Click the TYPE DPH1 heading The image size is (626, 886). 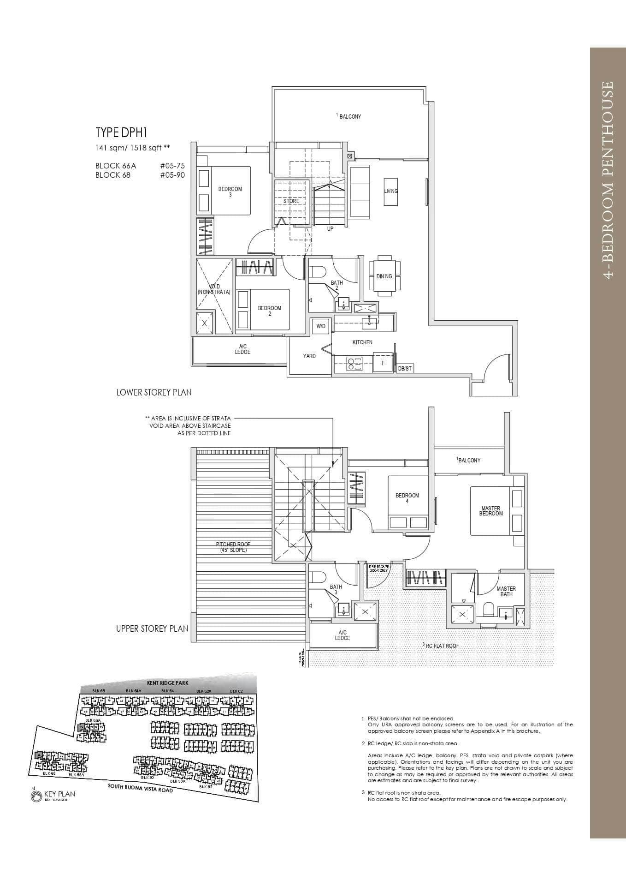point(121,133)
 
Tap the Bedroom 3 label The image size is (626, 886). point(230,192)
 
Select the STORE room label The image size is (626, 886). point(291,201)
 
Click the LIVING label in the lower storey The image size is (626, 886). point(391,191)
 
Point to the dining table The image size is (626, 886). point(384,276)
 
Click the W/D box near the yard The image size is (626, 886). point(321,326)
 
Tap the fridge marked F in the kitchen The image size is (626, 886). point(383,363)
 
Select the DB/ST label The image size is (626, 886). point(404,369)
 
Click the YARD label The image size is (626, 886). point(309,356)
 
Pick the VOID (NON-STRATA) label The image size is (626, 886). point(213,289)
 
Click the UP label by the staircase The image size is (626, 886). point(330,229)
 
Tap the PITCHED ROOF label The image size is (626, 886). point(233,547)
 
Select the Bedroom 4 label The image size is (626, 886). point(407,498)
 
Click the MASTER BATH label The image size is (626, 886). point(506,591)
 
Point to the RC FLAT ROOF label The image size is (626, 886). point(442,646)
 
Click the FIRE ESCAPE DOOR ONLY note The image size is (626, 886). point(379,568)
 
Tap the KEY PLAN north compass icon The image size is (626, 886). point(35,796)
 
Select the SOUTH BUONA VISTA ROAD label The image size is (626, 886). point(140,787)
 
